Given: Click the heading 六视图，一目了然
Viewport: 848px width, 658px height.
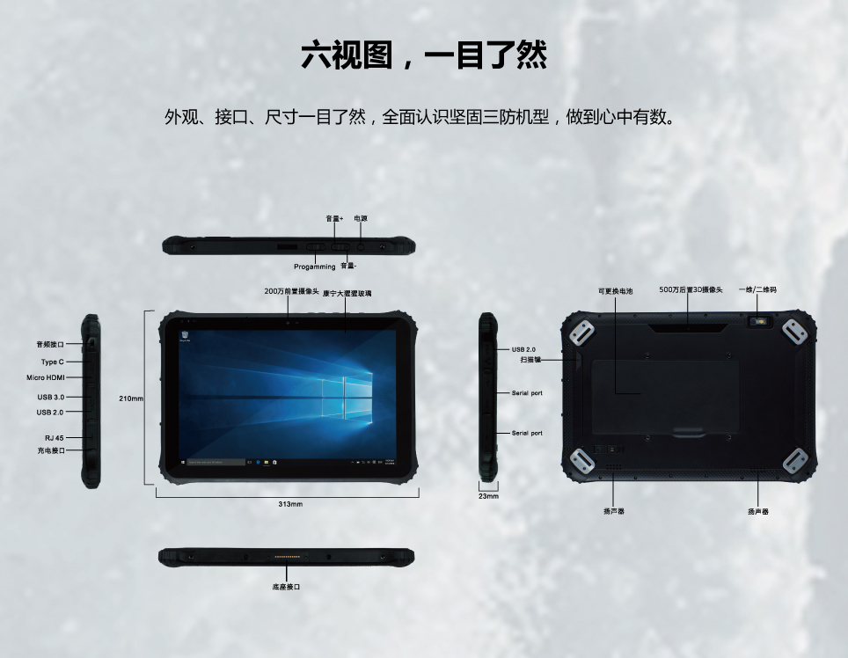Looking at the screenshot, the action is click(424, 55).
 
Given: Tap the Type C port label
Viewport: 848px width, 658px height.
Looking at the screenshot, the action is click(53, 362).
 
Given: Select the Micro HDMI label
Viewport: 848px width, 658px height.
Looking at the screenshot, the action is click(46, 377).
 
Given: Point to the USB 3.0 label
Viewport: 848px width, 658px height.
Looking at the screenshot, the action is click(51, 397).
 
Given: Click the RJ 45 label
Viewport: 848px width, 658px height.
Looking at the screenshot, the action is click(54, 438).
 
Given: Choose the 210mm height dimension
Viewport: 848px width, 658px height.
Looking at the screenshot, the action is click(131, 398).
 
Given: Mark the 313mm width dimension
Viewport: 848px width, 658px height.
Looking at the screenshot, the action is click(290, 504).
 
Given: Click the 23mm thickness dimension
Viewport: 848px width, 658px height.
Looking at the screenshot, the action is click(488, 496).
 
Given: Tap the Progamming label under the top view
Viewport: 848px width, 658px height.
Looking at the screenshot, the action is click(315, 267).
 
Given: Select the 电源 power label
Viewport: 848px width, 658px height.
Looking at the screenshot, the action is click(361, 218).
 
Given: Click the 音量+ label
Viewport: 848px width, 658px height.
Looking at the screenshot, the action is click(334, 218).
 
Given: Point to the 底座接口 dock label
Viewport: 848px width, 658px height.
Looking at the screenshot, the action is click(286, 587).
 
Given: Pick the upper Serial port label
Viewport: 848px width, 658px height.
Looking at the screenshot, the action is click(527, 393).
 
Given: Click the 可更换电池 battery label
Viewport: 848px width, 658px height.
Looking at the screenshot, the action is click(616, 291).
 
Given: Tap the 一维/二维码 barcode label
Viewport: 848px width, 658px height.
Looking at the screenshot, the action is click(757, 289).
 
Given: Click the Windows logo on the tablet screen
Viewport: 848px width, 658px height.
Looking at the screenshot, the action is click(347, 398).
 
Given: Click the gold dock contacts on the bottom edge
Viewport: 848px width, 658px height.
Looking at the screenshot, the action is click(287, 556).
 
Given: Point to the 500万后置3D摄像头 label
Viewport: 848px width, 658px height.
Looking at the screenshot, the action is click(691, 289).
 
